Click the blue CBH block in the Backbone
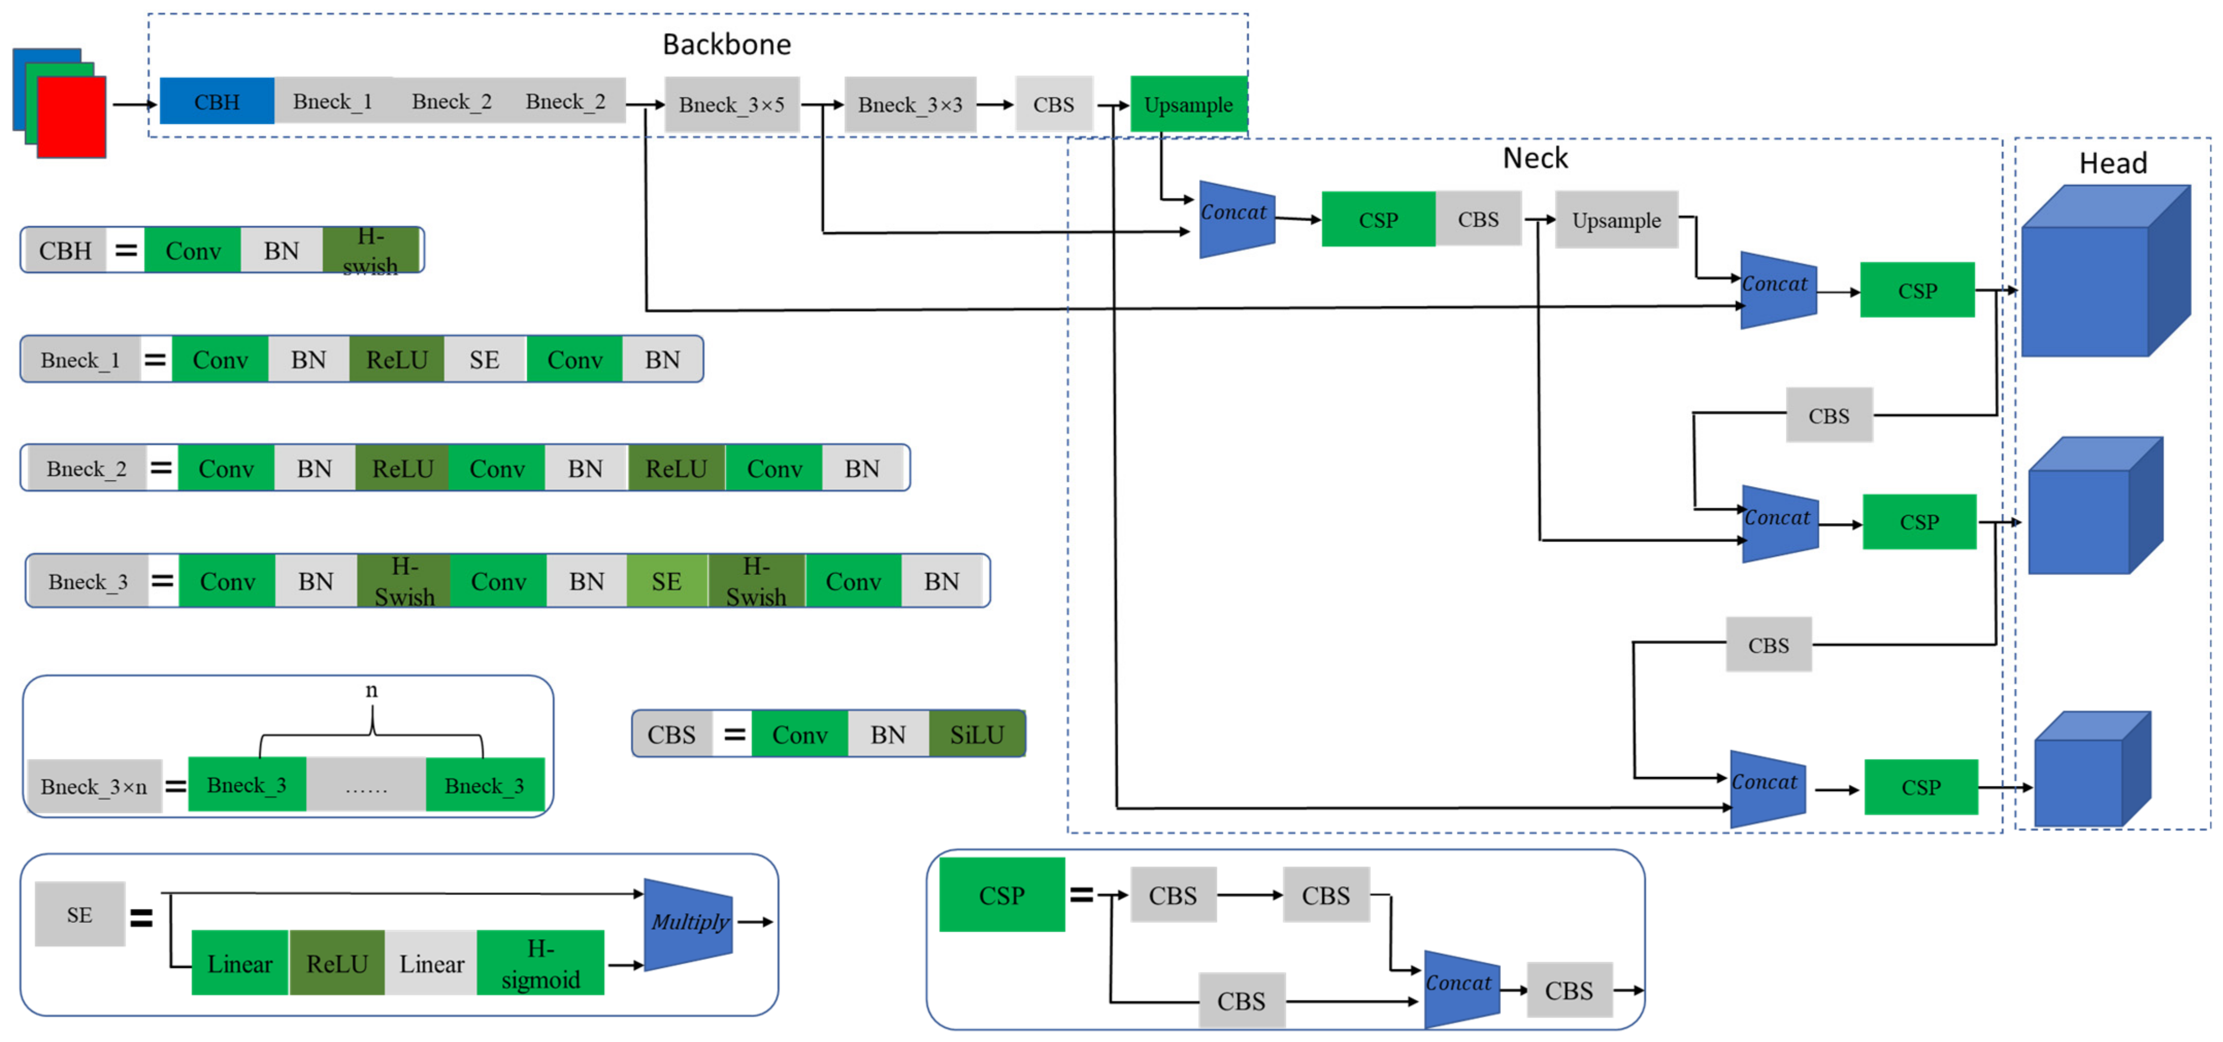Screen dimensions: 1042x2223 (x=217, y=102)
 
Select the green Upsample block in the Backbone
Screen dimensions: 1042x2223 (x=1188, y=105)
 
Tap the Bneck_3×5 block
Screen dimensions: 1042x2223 (x=731, y=105)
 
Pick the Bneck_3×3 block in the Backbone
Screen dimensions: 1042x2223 (x=910, y=105)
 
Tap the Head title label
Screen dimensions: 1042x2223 (x=2113, y=163)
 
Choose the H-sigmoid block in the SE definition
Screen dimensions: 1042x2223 (x=540, y=964)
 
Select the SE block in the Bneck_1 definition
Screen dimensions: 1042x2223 (x=484, y=360)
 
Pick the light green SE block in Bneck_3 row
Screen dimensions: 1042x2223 (x=666, y=581)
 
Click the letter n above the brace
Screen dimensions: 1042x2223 (x=371, y=690)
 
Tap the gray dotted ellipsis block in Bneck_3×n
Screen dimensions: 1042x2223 (x=366, y=785)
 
